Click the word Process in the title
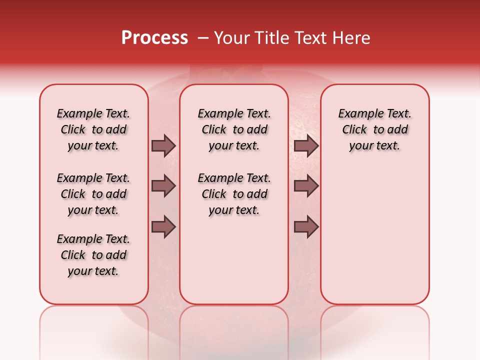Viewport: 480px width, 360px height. click(154, 38)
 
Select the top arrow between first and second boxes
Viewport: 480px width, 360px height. click(163, 145)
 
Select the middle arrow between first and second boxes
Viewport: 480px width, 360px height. click(163, 186)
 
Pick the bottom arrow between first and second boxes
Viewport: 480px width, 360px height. click(163, 227)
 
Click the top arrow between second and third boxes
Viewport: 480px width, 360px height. click(306, 145)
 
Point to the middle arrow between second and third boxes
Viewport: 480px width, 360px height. click(306, 186)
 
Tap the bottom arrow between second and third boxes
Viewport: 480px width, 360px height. click(306, 227)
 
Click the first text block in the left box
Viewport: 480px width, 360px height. click(93, 129)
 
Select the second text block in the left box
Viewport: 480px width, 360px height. click(93, 194)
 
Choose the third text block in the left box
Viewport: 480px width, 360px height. click(93, 255)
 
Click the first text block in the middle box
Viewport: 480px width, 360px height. click(234, 129)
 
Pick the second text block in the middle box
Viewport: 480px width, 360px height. click(234, 194)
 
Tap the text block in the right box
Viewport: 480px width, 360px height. click(375, 129)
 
